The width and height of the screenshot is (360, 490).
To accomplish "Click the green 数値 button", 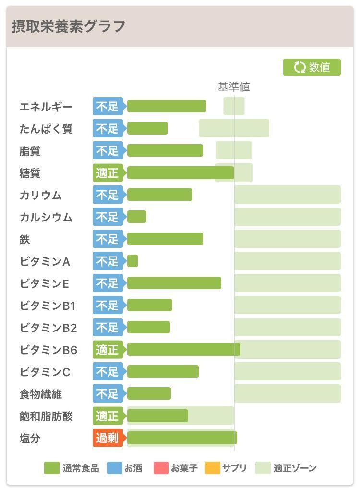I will [x=312, y=67].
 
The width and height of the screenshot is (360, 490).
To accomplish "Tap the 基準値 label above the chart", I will [x=234, y=87].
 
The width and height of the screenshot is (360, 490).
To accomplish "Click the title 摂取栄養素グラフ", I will [x=68, y=26].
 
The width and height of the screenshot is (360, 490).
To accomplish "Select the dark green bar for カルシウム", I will [x=137, y=217].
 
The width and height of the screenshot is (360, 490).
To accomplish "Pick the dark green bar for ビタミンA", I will [x=132, y=261].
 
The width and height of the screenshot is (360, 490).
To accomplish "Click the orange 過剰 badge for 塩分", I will [x=108, y=438].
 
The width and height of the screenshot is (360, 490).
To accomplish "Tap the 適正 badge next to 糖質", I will [x=108, y=173].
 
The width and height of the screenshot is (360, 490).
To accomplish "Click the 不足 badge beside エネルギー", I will [x=108, y=107].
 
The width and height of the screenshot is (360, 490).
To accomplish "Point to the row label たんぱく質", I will [x=46, y=129].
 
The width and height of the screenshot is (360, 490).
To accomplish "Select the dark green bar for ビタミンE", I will [x=174, y=283].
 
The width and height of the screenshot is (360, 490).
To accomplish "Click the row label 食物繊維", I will [x=41, y=394].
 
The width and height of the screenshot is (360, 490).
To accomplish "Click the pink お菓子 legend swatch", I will [x=161, y=467].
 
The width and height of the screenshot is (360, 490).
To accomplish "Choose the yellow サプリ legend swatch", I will [x=213, y=467].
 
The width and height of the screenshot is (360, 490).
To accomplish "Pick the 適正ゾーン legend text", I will [x=295, y=467].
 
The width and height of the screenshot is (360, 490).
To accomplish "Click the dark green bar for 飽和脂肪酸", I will [x=157, y=416].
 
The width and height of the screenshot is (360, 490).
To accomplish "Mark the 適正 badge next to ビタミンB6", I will [x=108, y=350].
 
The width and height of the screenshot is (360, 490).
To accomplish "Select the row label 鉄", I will [x=24, y=239].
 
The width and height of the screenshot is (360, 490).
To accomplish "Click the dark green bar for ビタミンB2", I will [x=148, y=327].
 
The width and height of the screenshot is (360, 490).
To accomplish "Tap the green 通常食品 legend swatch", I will [x=52, y=467].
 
